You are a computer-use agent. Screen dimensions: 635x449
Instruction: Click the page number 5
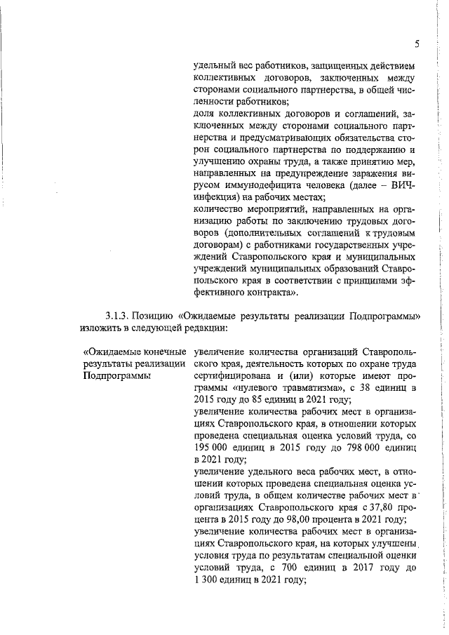pyautogui.click(x=416, y=44)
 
